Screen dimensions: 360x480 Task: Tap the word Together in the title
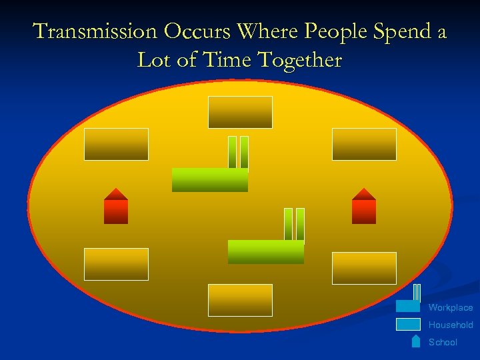[x=301, y=61]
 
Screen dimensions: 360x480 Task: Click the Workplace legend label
[x=451, y=308]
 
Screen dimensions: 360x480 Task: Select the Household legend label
[x=451, y=325]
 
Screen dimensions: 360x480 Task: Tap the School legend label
[x=443, y=342]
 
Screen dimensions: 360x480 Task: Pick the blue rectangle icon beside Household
[x=408, y=325]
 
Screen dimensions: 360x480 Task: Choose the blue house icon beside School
[x=416, y=341]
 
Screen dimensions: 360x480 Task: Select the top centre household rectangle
[x=240, y=112]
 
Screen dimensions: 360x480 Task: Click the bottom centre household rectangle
[x=240, y=300]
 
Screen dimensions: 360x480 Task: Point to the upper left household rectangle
[x=116, y=144]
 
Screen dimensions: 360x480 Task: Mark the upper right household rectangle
[x=364, y=144]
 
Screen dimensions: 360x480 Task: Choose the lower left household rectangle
[x=116, y=264]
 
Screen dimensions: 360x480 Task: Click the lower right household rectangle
[x=364, y=268]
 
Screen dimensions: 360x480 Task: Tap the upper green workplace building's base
[x=209, y=180]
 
